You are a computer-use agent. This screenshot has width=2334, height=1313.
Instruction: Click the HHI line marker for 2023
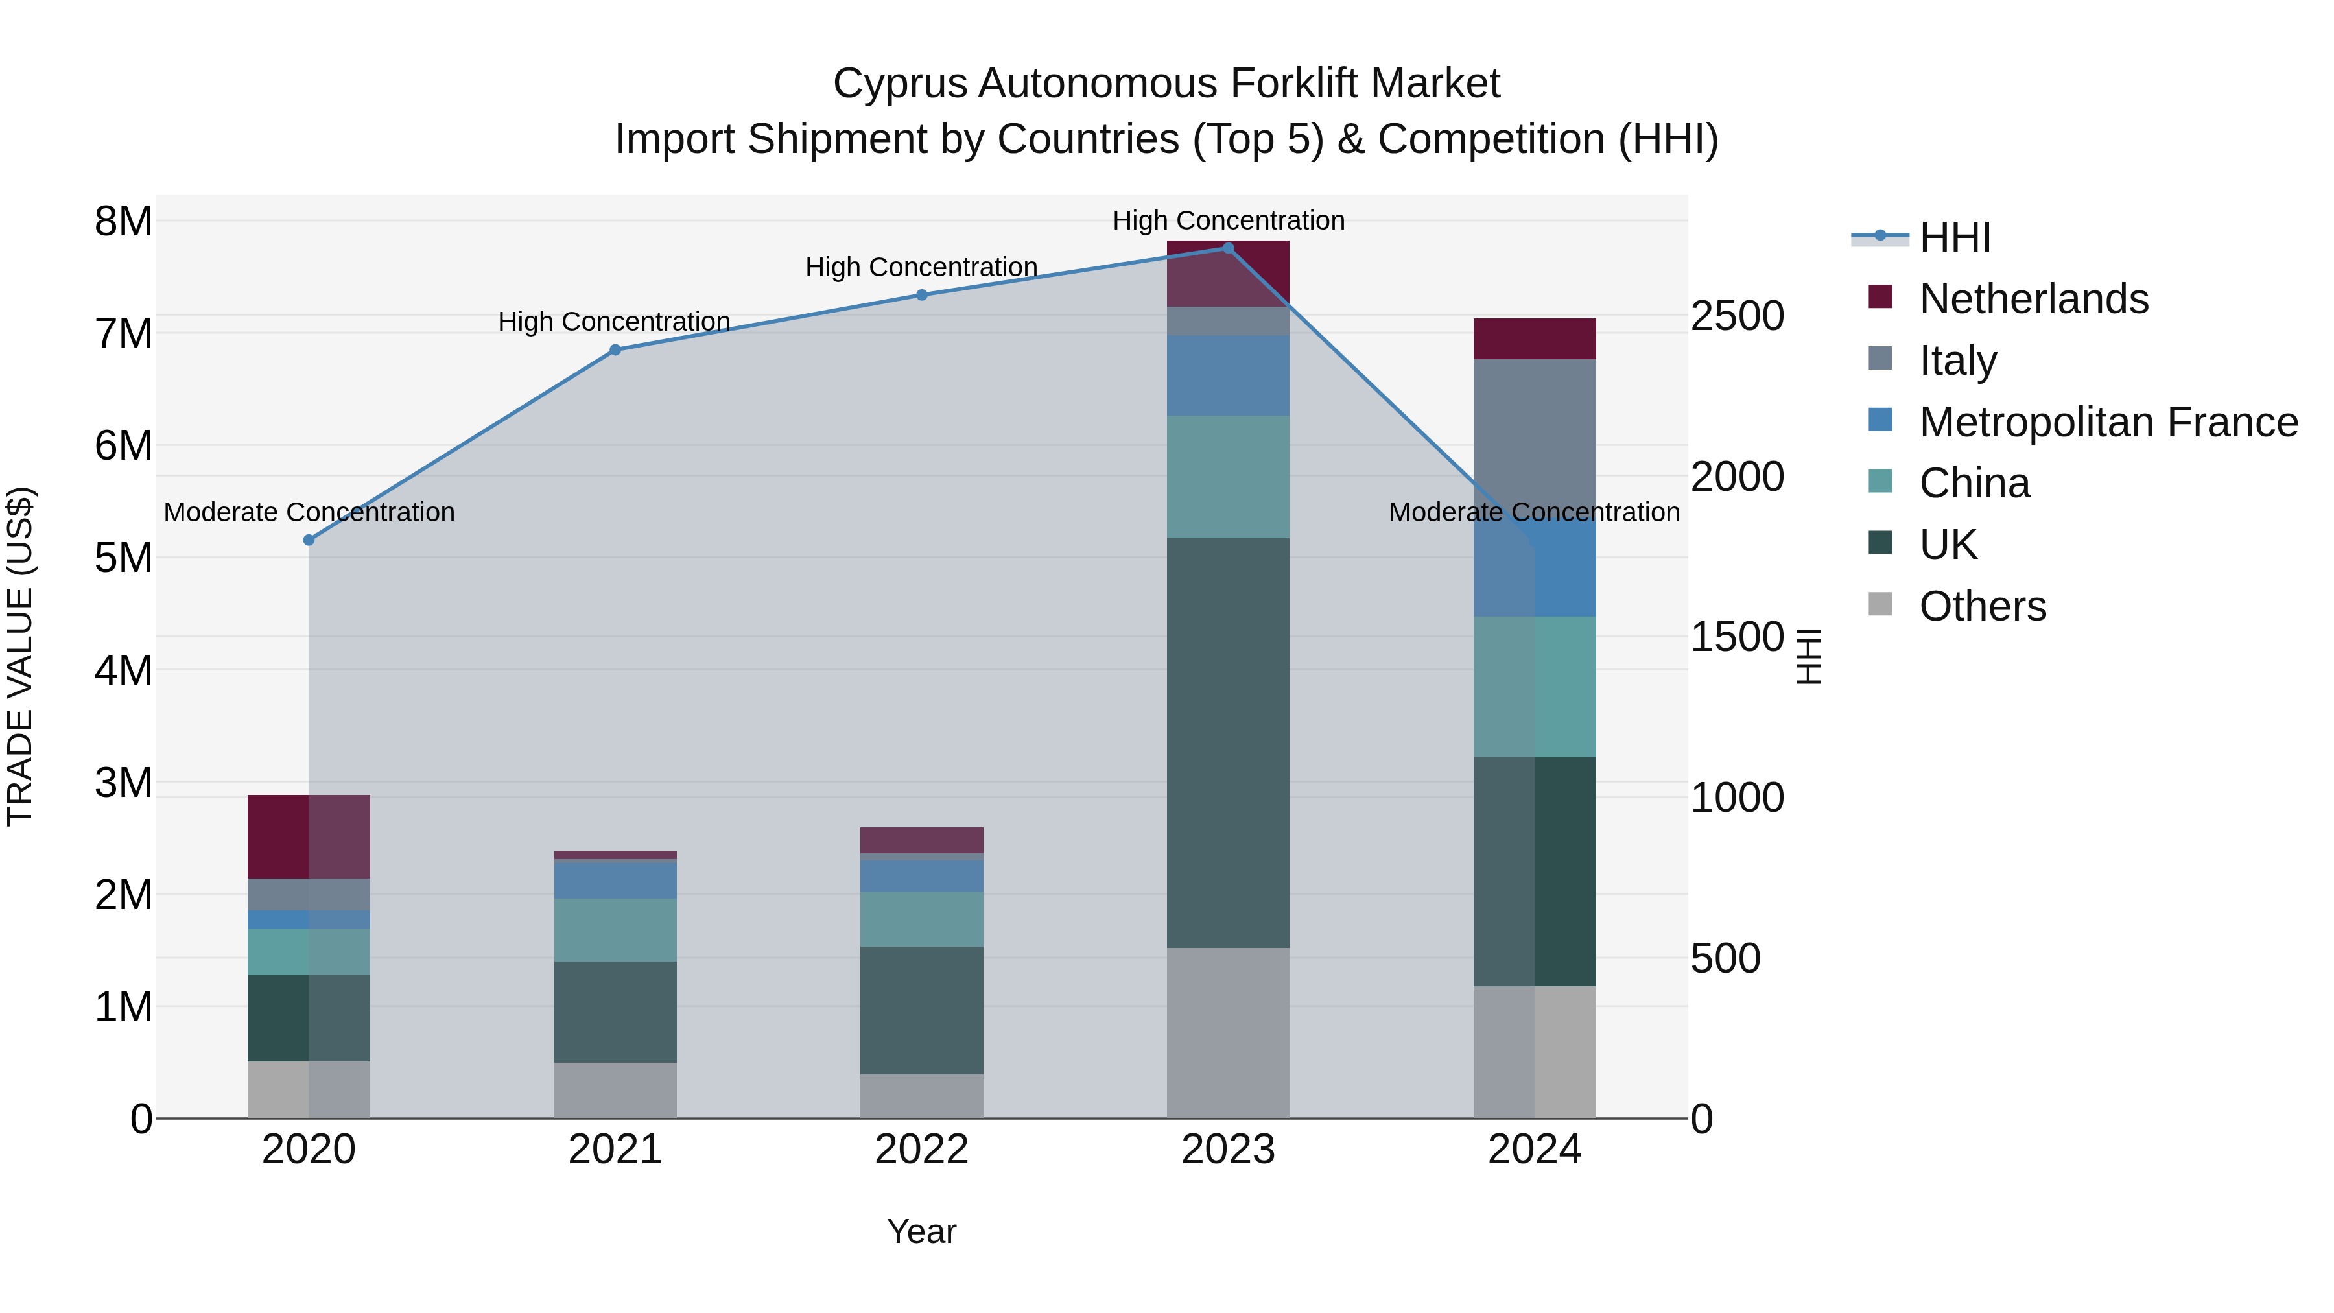(1228, 248)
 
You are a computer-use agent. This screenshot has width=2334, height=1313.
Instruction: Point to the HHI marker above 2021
(615, 349)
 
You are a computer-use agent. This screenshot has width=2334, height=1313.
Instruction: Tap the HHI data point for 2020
(309, 540)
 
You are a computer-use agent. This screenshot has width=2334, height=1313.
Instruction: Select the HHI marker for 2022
(921, 294)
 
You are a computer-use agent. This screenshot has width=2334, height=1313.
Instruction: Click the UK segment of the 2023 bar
(1228, 743)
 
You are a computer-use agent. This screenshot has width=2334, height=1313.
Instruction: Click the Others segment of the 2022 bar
(921, 1096)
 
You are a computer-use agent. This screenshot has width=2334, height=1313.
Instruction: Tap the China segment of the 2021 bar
(615, 930)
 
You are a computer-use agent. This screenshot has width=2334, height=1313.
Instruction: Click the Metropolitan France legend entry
(2108, 422)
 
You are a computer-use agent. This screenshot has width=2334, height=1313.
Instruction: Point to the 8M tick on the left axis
(123, 221)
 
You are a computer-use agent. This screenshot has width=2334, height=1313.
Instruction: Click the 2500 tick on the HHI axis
(1737, 316)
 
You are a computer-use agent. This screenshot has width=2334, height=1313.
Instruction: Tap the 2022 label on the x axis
(921, 1150)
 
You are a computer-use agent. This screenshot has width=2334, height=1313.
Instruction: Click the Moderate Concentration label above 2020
(309, 512)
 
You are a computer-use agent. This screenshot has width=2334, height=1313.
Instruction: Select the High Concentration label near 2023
(1228, 220)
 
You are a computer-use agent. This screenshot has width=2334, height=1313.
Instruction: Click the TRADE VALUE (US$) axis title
(20, 656)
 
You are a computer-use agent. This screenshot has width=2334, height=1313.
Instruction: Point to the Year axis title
(921, 1231)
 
